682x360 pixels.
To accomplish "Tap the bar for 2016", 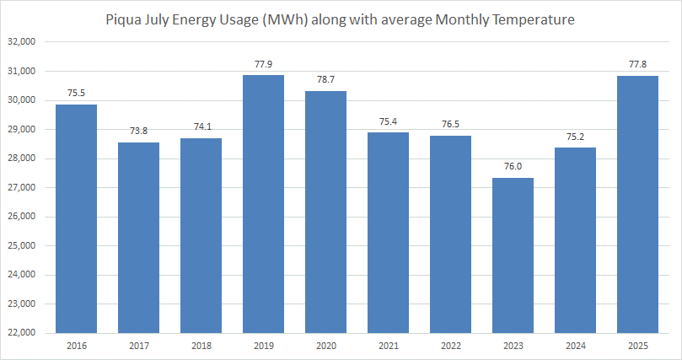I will pyautogui.click(x=76, y=218).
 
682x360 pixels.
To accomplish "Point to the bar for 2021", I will pyautogui.click(x=388, y=233).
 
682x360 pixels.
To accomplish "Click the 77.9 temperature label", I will pyautogui.click(x=263, y=63).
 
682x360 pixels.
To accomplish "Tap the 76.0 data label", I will pyautogui.click(x=513, y=166).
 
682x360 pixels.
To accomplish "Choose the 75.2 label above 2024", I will pyautogui.click(x=575, y=137).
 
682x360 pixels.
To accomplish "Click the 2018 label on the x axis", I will pyautogui.click(x=201, y=346).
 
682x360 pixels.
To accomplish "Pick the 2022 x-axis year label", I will pyautogui.click(x=450, y=346).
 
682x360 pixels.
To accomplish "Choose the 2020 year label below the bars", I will pyautogui.click(x=325, y=346).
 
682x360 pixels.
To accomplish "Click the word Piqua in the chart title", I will pyautogui.click(x=123, y=18).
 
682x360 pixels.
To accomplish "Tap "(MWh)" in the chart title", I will pyautogui.click(x=287, y=18).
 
